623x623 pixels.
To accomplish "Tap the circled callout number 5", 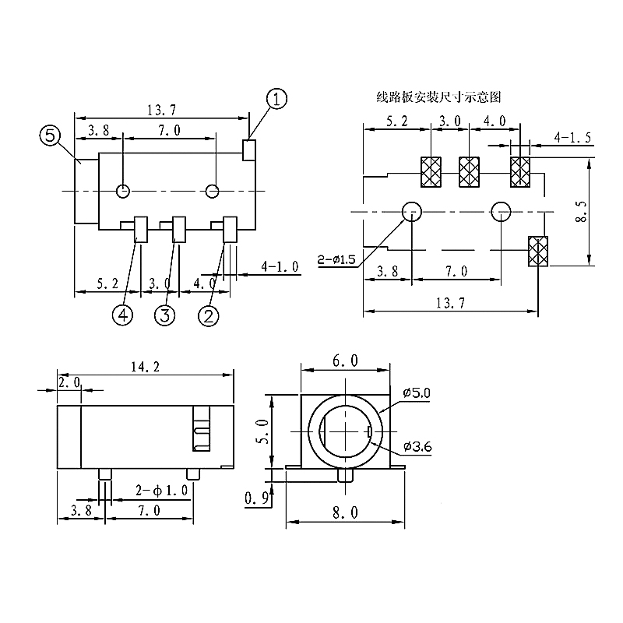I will coord(49,137).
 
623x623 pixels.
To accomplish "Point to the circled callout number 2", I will coord(208,315).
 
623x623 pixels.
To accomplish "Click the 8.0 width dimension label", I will coord(347,512).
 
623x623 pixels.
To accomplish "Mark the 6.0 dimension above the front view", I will coord(345,361).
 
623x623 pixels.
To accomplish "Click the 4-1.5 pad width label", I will coord(573,139).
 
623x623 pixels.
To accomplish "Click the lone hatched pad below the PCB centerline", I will coord(537,251).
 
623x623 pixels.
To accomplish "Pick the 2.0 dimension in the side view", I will coord(68,382).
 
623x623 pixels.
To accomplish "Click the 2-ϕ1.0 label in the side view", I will coord(161,491).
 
